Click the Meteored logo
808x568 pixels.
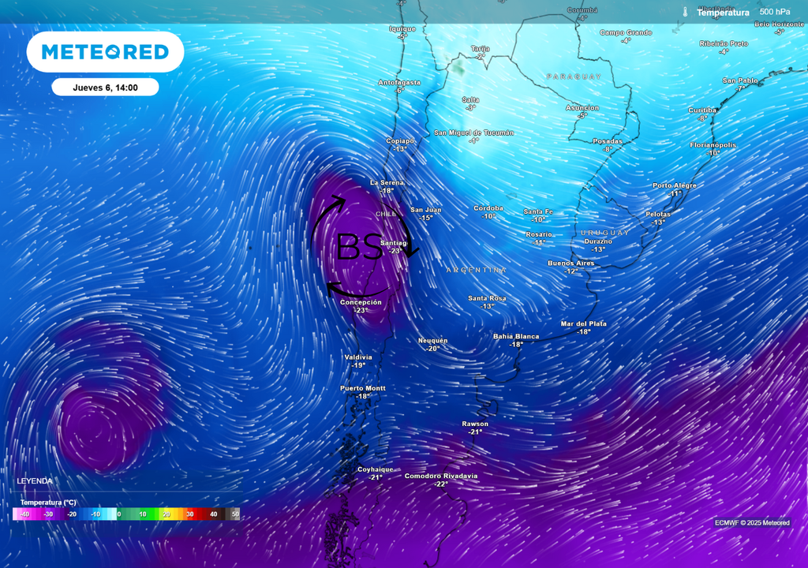(105, 52)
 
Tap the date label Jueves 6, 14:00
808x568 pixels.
(105, 88)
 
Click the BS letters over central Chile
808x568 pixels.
(360, 247)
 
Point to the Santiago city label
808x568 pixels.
(394, 242)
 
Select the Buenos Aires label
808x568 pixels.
(571, 263)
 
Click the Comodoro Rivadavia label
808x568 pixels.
(441, 476)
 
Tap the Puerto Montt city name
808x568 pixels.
(363, 388)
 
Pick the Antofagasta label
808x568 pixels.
(399, 82)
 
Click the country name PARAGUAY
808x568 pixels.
(574, 77)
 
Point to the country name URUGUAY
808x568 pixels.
(605, 233)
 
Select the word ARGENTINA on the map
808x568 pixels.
(477, 270)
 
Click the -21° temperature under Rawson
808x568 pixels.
(475, 432)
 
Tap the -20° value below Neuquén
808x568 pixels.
(433, 349)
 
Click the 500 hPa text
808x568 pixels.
(774, 12)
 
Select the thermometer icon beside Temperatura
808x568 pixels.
(686, 12)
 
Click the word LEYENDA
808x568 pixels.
(35, 480)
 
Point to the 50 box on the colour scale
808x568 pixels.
(234, 514)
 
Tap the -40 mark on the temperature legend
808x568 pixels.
(24, 514)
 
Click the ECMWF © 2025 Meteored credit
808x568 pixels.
(752, 523)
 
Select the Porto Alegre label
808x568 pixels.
(675, 185)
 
